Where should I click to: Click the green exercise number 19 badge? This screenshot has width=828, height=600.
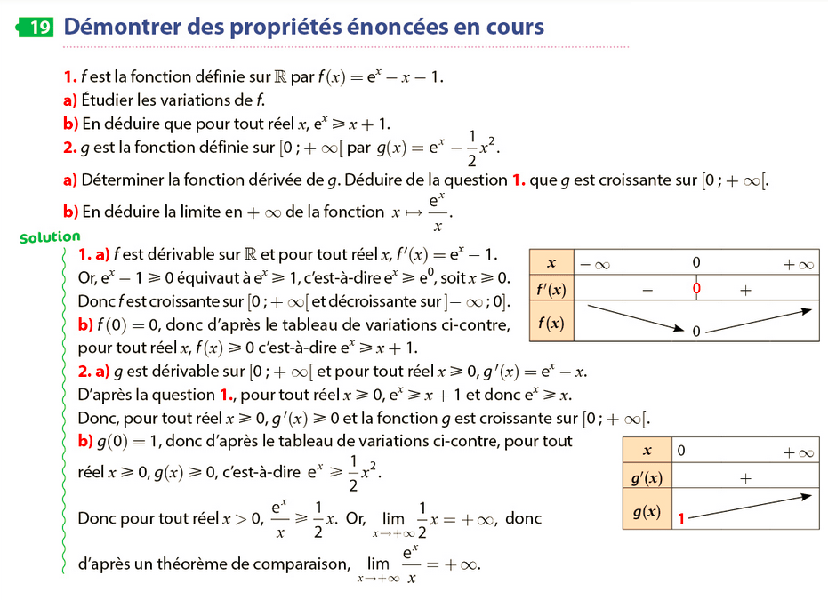(x=36, y=27)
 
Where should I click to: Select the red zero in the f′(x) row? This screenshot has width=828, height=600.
(x=696, y=288)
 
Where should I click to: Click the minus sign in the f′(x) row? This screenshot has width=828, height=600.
(x=647, y=289)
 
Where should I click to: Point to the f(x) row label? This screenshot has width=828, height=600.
(x=551, y=323)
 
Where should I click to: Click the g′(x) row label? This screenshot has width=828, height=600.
(x=647, y=478)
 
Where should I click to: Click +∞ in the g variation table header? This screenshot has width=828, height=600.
(x=798, y=452)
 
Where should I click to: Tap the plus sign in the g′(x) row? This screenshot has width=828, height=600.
(x=744, y=478)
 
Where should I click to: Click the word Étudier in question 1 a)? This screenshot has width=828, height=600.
(x=109, y=100)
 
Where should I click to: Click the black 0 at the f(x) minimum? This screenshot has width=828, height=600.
(x=696, y=331)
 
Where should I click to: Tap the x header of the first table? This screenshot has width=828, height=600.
(x=551, y=263)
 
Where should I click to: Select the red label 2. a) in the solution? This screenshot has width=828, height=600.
(x=93, y=370)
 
